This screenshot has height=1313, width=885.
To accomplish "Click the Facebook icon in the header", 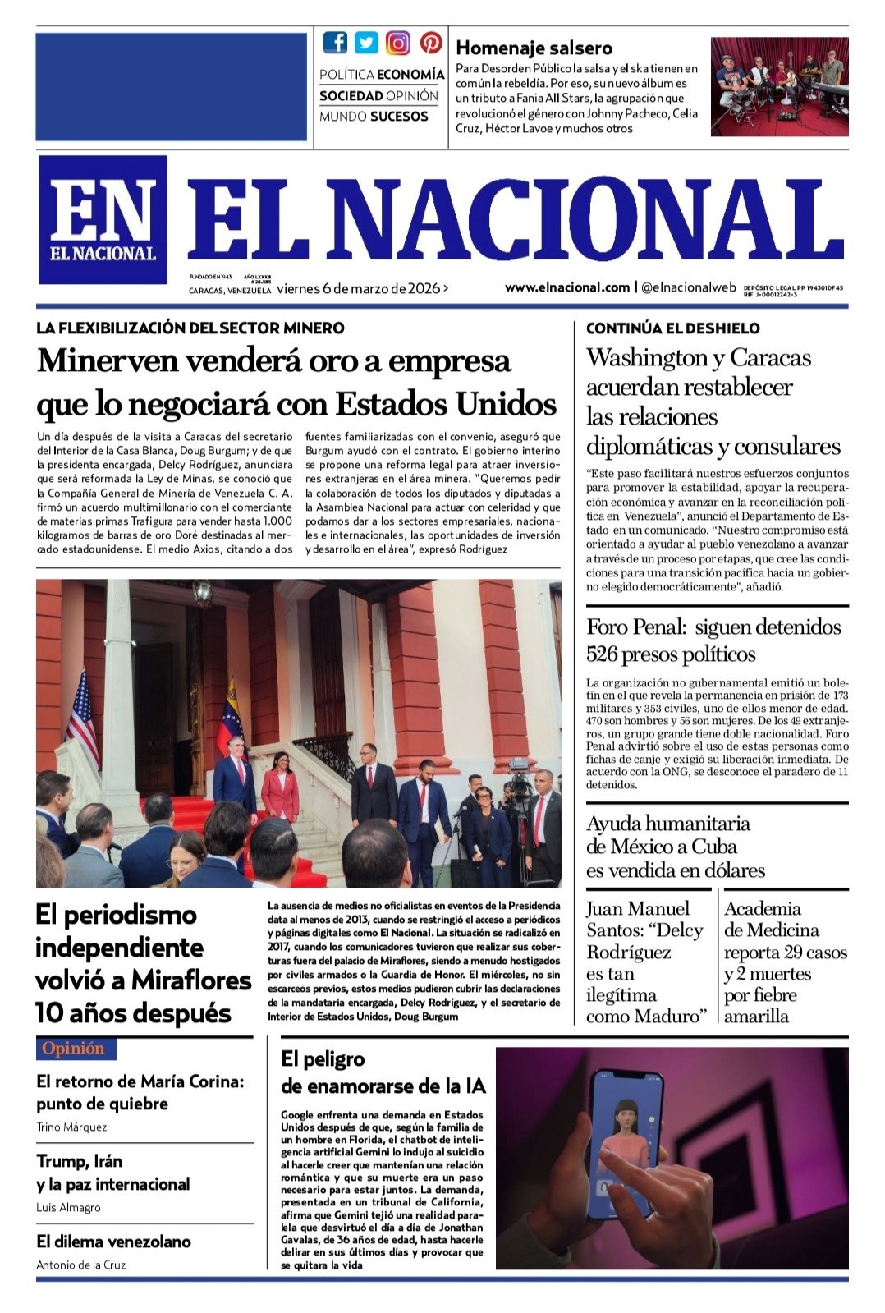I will coord(335,43).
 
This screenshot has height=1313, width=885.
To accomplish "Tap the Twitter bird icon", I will coord(366,43).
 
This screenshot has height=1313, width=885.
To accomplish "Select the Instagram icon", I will coord(398,43).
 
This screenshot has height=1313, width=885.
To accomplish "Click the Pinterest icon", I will coord(431,43).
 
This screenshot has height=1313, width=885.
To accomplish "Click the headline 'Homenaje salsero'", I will coord(534,48).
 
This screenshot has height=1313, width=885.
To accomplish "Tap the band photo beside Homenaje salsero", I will coord(779,86).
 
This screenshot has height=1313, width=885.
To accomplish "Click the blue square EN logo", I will coord(103,220).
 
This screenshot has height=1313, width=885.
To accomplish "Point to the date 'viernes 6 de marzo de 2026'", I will coord(359,288).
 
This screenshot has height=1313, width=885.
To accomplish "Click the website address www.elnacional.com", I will coord(566,287).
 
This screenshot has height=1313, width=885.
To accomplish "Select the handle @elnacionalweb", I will coord(689,287).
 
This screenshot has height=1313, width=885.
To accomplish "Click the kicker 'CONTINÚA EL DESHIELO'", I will coord(672,328).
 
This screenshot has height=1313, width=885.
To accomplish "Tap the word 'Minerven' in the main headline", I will coord(102,361).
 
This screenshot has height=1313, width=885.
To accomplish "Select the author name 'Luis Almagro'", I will coord(69,1207).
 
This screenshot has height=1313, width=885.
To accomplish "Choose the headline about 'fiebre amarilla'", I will coord(784,962).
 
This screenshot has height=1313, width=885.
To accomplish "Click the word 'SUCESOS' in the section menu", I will coord(399,117).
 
